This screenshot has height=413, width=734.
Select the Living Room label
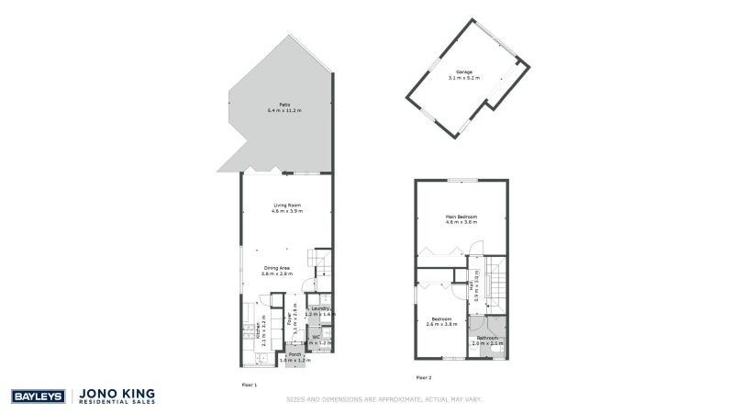pyautogui.click(x=286, y=205)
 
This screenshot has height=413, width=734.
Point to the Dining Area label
pyautogui.click(x=276, y=268)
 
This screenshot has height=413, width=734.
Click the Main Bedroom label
pyautogui.click(x=462, y=217)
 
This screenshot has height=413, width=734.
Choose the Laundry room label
pyautogui.click(x=320, y=308)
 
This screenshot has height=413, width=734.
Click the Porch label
pyautogui.click(x=295, y=354)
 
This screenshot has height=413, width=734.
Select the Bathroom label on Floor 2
pyautogui.click(x=486, y=338)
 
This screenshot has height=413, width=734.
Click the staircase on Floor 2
pyautogui.click(x=495, y=285)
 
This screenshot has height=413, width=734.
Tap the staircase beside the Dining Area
pyautogui.click(x=320, y=262)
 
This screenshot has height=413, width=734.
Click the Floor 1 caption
pyautogui.click(x=249, y=384)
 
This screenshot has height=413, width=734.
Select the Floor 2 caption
pyautogui.click(x=423, y=377)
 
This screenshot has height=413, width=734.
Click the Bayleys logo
pyautogui.click(x=37, y=396)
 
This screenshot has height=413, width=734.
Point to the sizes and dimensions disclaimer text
pyautogui.click(x=384, y=399)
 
